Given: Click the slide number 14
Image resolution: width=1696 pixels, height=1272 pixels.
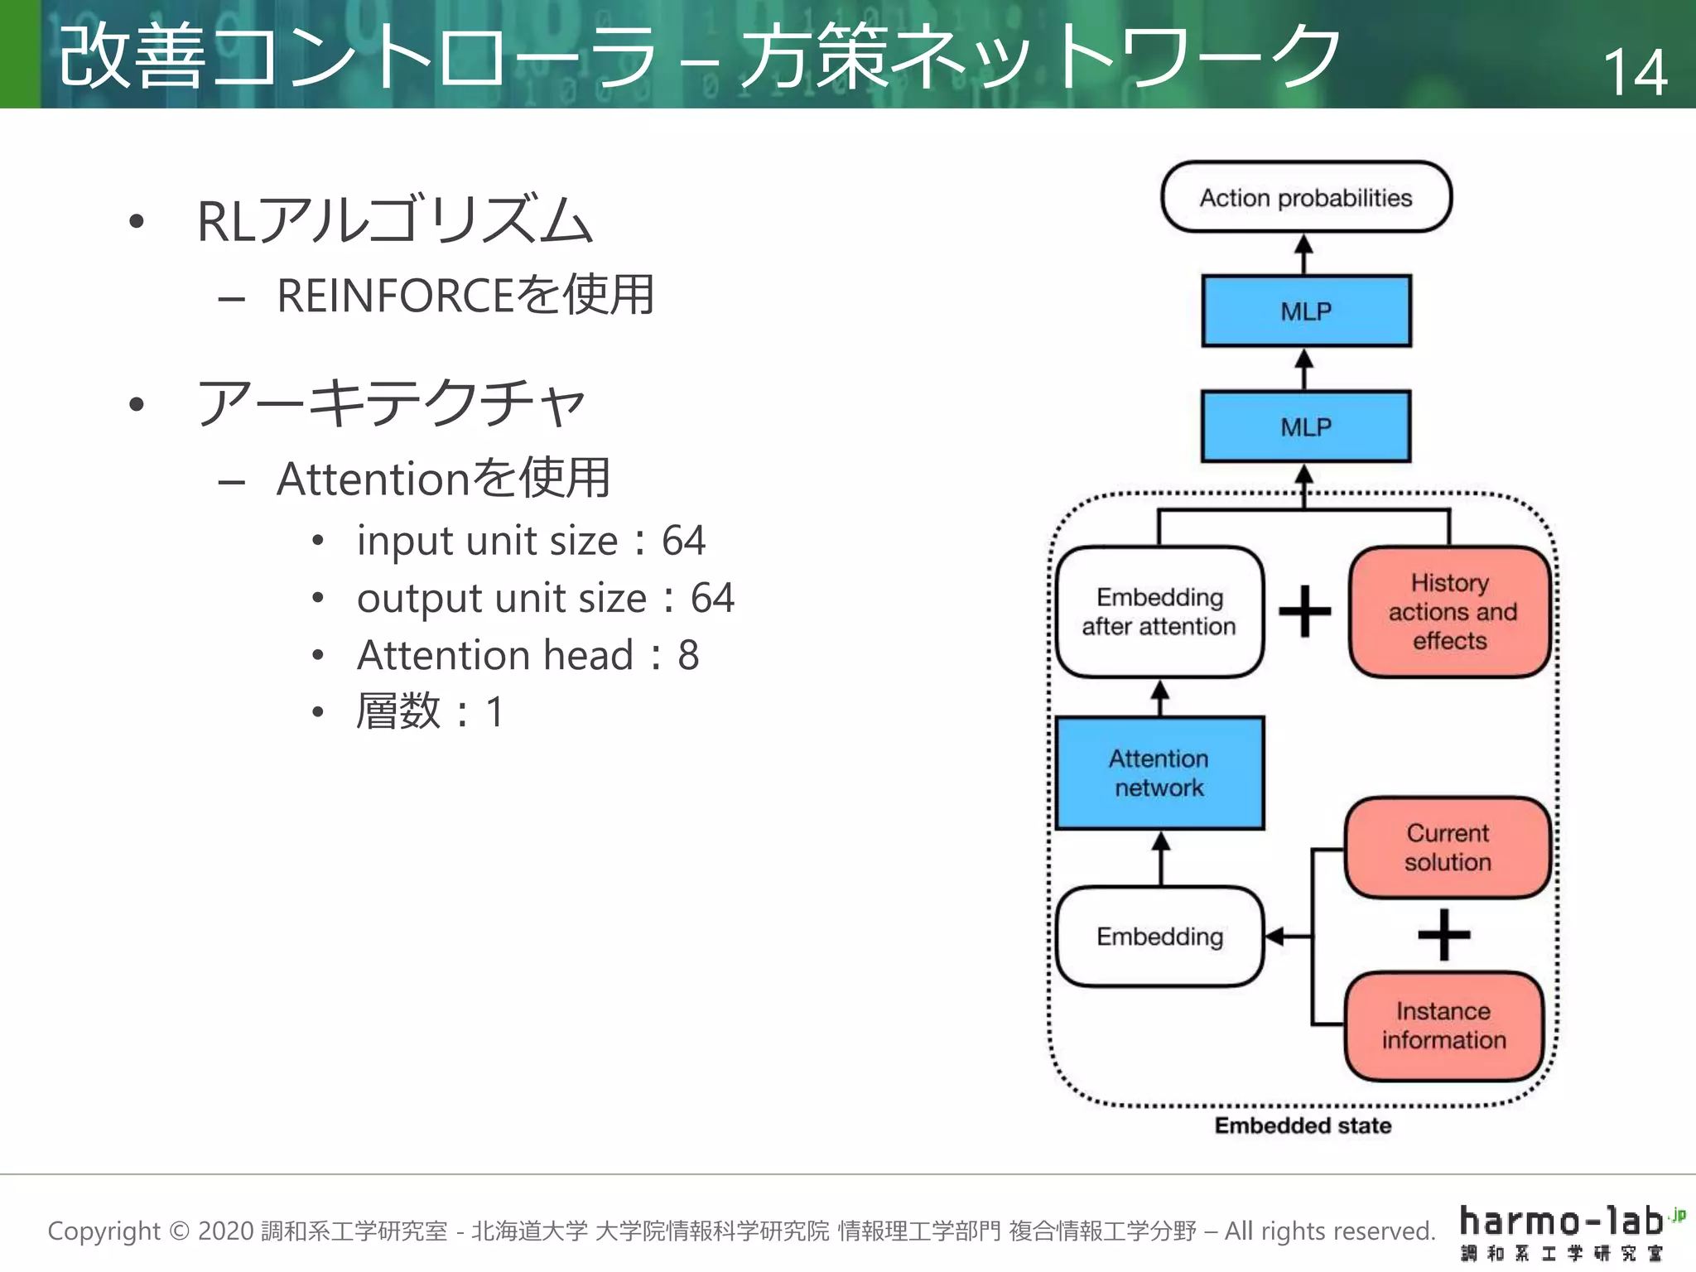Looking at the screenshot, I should tap(1635, 72).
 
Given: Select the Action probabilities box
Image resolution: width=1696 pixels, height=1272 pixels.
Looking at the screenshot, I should tap(1306, 197).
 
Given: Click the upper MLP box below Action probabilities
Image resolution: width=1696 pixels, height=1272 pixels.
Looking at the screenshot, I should tap(1306, 311).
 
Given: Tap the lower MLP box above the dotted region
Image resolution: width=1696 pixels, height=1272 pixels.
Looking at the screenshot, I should tap(1306, 426).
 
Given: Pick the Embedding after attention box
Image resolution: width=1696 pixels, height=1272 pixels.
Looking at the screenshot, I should tap(1159, 611).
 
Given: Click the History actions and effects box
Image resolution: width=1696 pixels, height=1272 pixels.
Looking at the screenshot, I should tap(1450, 611).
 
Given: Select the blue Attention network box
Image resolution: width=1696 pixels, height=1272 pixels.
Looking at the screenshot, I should tap(1159, 773).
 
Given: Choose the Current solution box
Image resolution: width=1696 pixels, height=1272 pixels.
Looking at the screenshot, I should tap(1448, 847).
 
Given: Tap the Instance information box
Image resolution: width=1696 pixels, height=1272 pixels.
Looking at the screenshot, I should tap(1443, 1025).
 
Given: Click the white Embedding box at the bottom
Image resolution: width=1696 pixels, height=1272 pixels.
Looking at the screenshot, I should tap(1159, 937).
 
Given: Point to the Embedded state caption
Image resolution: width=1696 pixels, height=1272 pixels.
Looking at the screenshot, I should tap(1303, 1125).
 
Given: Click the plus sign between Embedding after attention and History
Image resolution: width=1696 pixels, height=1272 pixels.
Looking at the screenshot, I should tap(1305, 611).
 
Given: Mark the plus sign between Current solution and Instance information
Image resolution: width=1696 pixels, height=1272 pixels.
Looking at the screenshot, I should tap(1443, 935).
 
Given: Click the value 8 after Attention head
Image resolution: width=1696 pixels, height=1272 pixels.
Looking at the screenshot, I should tap(688, 655).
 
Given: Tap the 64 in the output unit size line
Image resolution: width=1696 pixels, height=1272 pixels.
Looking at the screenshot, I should tap(712, 598).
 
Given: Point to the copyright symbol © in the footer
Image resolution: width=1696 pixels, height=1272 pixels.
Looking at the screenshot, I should tap(179, 1231).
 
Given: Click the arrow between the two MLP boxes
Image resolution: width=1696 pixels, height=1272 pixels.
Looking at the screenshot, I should tap(1304, 369).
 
